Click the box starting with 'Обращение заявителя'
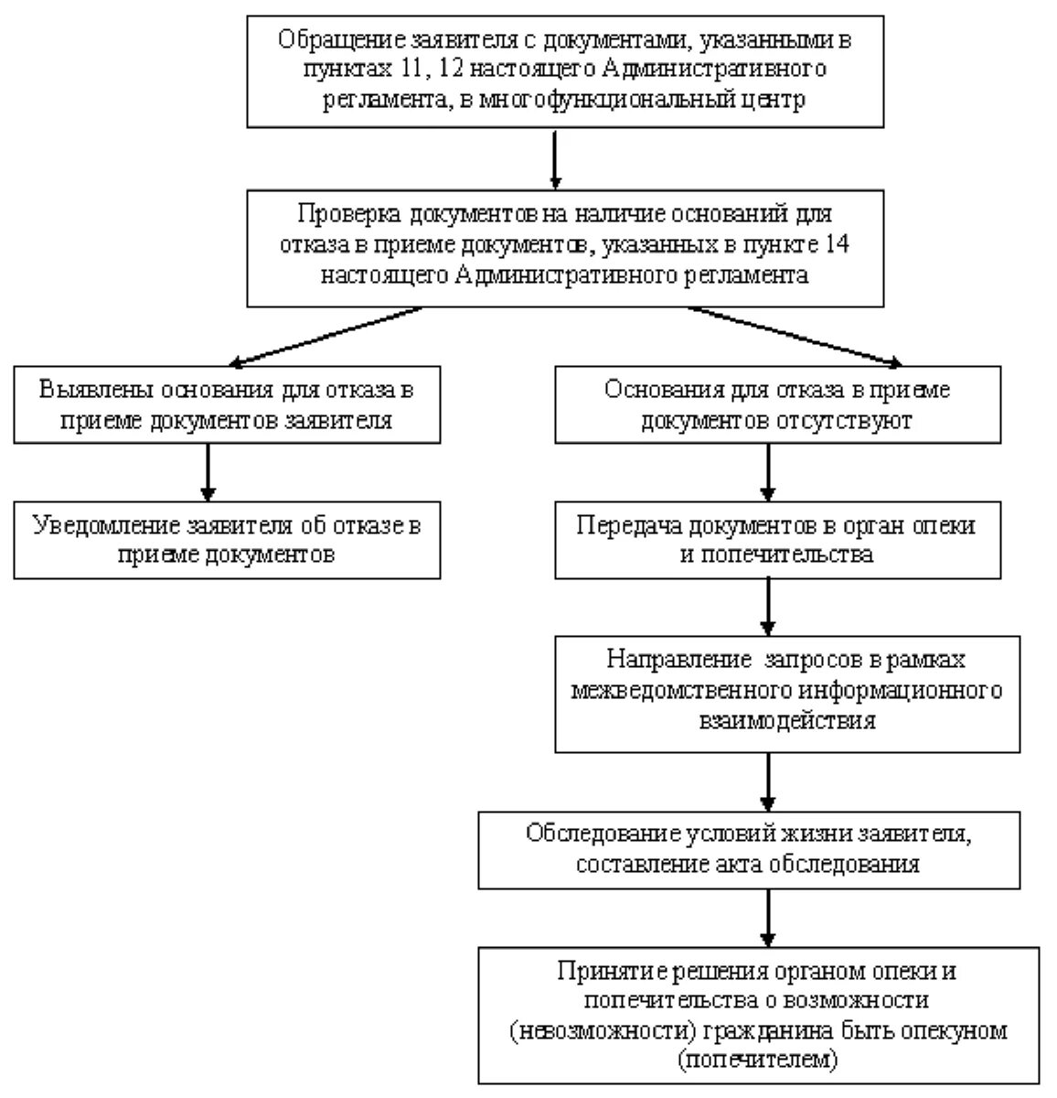point(566,71)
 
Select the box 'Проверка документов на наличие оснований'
point(566,246)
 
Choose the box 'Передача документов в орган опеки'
point(776,541)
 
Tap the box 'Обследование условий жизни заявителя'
point(749,850)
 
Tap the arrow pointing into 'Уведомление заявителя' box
point(209,473)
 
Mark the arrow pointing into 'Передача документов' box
point(769,473)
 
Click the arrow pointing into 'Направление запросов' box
point(769,608)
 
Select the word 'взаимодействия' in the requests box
point(785,720)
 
